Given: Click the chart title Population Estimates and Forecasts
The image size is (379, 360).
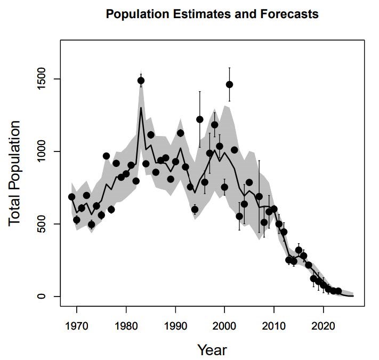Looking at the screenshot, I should tap(212, 14).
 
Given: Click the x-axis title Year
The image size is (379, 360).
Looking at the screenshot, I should tap(212, 350).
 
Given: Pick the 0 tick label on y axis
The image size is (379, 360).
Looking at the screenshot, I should tap(42, 296).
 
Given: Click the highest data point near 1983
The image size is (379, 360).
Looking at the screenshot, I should tap(141, 81).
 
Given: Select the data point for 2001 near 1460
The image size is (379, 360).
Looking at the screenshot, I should tap(229, 84).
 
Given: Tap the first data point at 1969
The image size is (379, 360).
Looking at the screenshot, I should tap(72, 197).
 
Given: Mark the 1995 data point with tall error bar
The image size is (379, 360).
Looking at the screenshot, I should tap(200, 119).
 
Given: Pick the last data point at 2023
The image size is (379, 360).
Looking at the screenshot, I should tap(338, 291).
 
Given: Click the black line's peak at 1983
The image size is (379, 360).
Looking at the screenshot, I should tap(141, 108).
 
